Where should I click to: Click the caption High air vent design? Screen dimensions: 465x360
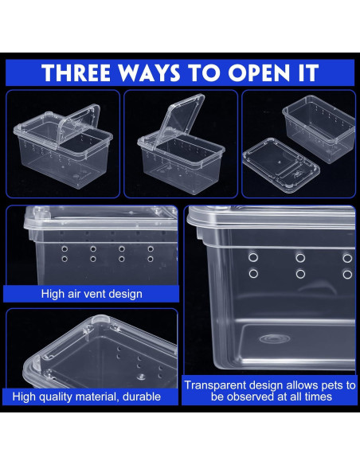point(92,294)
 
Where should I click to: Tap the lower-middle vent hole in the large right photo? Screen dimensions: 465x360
point(300,274)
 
